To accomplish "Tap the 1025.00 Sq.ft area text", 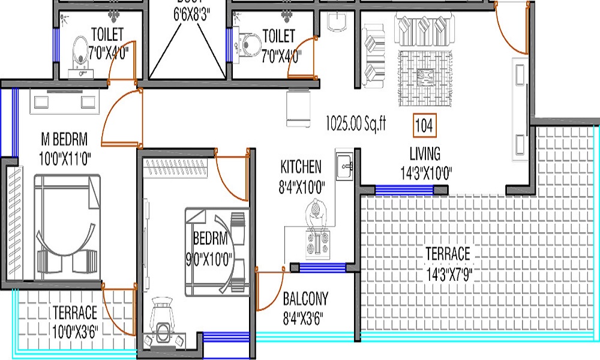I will click(x=356, y=124).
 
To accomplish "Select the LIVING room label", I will click(x=425, y=153).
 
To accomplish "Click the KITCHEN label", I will click(x=301, y=166).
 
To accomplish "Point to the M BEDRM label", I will click(x=64, y=140).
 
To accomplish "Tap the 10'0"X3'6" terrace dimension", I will click(x=75, y=330).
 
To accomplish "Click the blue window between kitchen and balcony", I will click(x=322, y=268).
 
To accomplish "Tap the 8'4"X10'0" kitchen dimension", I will click(x=302, y=187).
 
